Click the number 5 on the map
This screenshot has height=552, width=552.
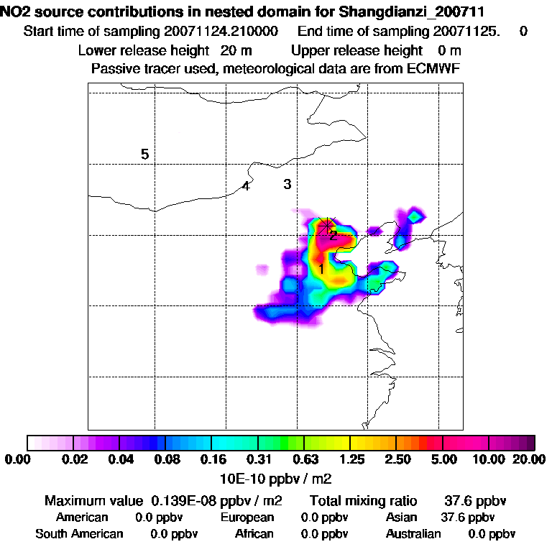144,155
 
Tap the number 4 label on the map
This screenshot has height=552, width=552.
246,186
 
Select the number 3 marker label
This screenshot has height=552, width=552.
287,184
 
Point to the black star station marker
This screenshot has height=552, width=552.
327,224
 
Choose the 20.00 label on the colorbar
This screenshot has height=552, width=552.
528,459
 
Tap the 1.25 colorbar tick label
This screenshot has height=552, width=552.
351,459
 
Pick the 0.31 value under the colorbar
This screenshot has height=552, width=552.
258,459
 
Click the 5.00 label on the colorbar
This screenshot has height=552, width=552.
444,459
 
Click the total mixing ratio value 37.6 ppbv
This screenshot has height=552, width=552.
471,500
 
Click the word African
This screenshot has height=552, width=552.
254,534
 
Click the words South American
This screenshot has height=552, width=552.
79,534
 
